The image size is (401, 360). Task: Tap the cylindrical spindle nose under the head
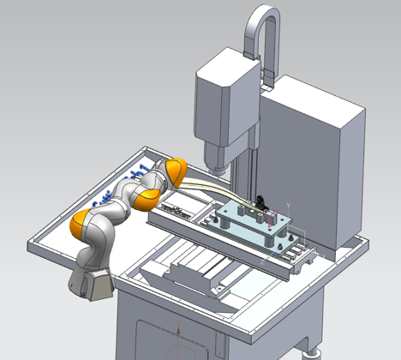coord(216,159)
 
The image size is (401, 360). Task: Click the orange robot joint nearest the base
coord(87,226)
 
